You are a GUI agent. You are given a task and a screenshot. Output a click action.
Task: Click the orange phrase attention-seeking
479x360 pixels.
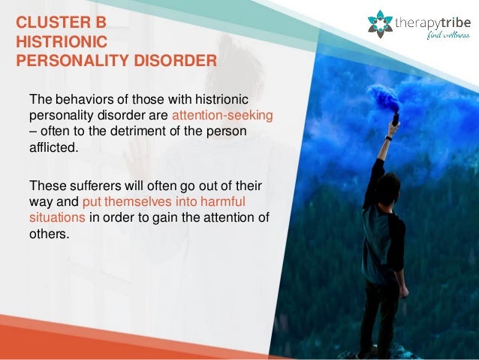(x=221, y=116)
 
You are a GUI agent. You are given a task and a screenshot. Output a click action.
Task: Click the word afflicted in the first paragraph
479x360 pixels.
(x=53, y=147)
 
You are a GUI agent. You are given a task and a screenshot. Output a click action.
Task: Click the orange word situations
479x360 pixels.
(x=58, y=217)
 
